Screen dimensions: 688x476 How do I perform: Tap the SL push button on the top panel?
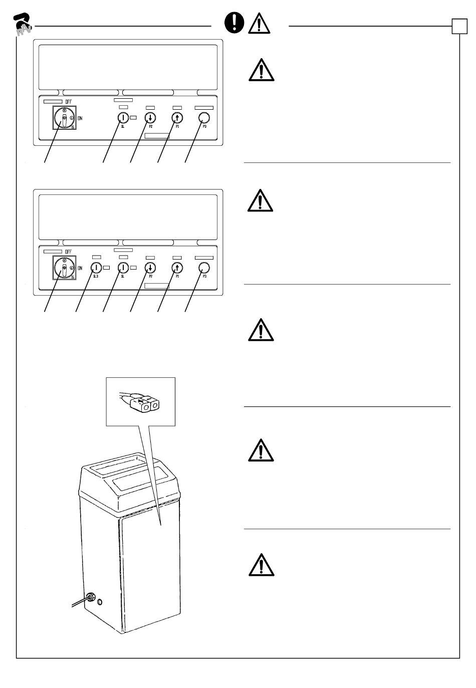(x=123, y=118)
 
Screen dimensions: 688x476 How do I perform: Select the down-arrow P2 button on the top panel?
(x=150, y=118)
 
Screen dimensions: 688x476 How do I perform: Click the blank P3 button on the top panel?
(x=204, y=118)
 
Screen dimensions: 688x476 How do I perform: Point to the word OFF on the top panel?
(x=68, y=102)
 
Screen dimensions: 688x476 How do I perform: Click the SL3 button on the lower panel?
(x=96, y=268)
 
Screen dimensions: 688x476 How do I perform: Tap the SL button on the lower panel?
(x=123, y=268)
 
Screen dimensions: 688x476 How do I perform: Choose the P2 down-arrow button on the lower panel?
(x=150, y=268)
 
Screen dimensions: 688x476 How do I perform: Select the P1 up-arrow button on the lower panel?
(x=177, y=268)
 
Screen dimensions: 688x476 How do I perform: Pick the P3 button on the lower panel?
(x=204, y=268)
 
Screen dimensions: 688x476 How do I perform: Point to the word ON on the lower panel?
(x=80, y=268)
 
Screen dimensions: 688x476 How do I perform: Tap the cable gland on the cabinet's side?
(x=91, y=597)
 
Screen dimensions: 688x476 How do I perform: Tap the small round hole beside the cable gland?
(x=100, y=601)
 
